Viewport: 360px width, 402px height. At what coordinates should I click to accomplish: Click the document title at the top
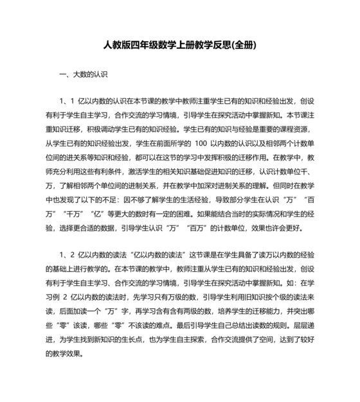coord(180,46)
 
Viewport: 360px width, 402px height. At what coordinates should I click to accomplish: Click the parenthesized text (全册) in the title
coord(244,46)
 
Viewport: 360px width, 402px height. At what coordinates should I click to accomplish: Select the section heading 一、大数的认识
coord(83,74)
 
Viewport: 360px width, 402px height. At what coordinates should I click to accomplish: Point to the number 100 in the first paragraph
coord(200,144)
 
